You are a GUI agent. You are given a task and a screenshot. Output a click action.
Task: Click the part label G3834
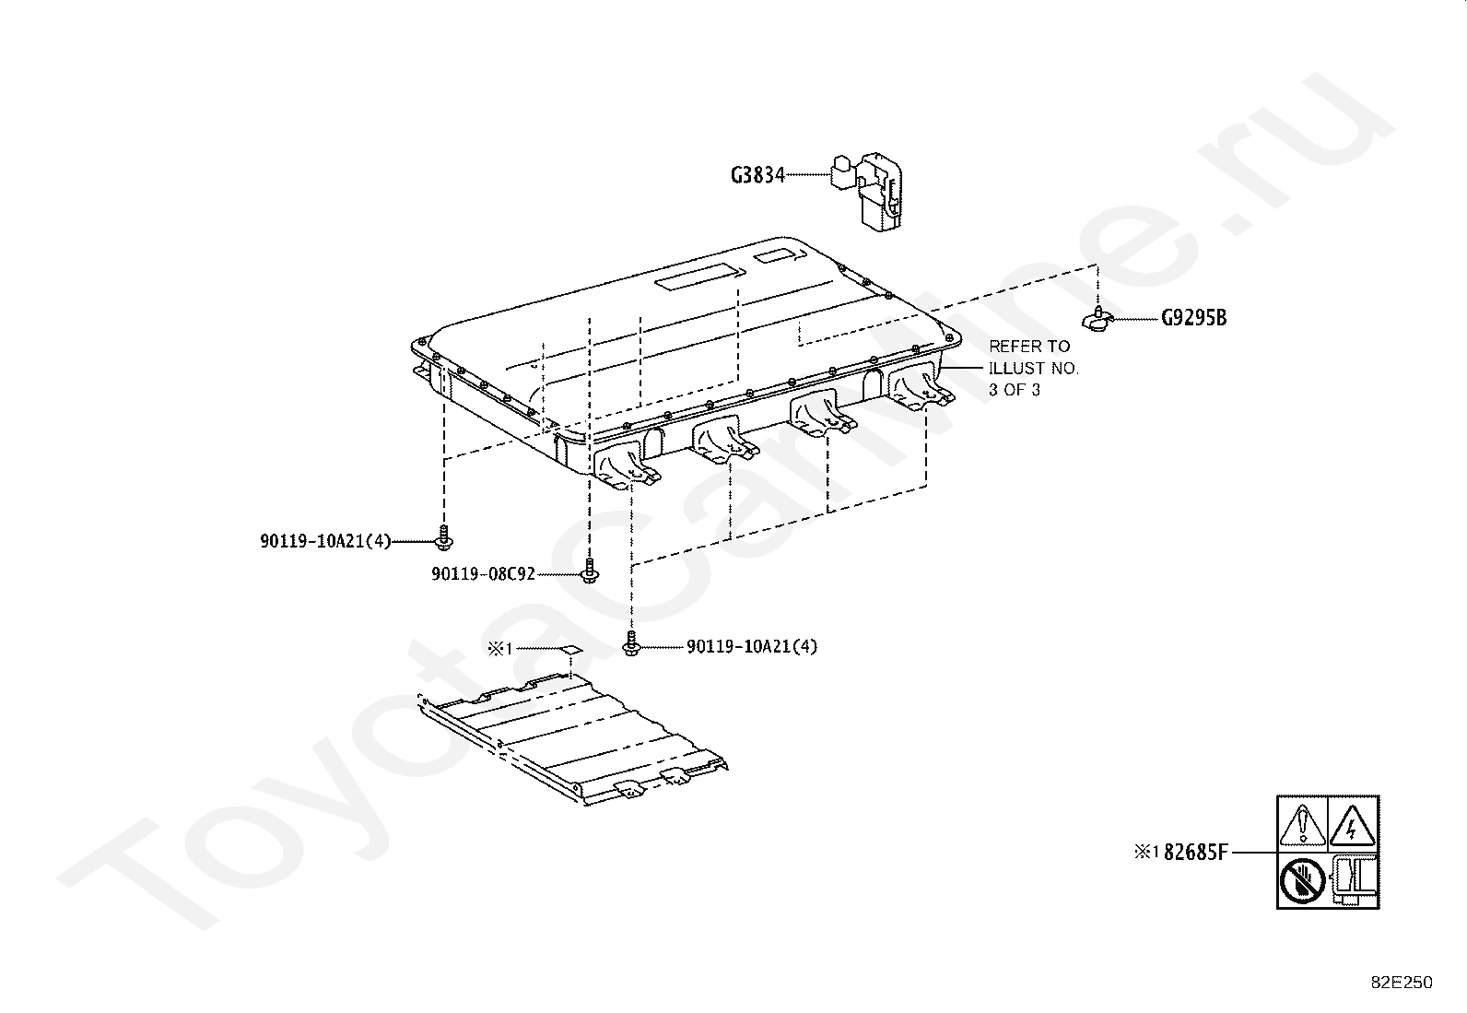[757, 175]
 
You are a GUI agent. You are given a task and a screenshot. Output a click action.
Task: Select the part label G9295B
[1194, 318]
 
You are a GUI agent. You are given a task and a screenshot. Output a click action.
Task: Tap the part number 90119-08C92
[484, 574]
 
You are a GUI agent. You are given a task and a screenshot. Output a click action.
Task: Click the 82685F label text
[1196, 853]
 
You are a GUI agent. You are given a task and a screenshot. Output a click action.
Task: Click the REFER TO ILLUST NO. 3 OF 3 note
[1034, 369]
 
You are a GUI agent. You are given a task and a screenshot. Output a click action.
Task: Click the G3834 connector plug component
[867, 193]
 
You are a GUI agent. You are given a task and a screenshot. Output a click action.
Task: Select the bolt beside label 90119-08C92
[590, 570]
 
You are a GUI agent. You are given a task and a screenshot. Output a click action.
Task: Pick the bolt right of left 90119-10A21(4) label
[444, 537]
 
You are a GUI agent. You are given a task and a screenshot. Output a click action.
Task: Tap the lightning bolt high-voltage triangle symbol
[1352, 824]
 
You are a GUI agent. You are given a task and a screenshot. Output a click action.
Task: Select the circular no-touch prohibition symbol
[1302, 880]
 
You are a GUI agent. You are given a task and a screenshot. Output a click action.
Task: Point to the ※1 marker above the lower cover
[499, 649]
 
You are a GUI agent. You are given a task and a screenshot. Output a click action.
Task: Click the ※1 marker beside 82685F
[1146, 852]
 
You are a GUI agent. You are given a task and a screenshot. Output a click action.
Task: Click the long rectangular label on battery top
[700, 277]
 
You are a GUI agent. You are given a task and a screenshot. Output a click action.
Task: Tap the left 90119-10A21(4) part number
[325, 541]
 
